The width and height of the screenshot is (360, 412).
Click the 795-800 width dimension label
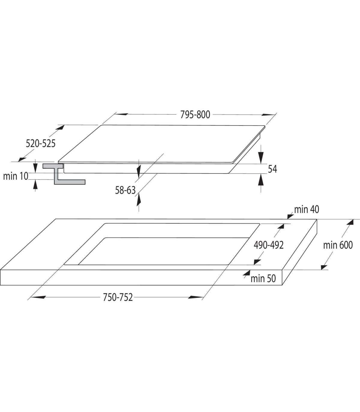pyautogui.click(x=195, y=115)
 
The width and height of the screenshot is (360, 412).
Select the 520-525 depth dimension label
pyautogui.click(x=40, y=144)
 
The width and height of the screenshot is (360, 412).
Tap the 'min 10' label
pyautogui.click(x=16, y=176)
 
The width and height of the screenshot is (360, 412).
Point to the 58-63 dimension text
pyautogui.click(x=125, y=190)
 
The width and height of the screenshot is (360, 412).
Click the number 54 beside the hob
pyautogui.click(x=272, y=169)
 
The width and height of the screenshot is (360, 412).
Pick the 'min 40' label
pyautogui.click(x=307, y=210)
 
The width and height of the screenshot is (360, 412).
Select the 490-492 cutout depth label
pyautogui.click(x=268, y=245)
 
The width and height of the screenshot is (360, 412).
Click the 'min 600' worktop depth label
pyautogui.click(x=338, y=245)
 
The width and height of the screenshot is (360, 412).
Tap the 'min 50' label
pyautogui.click(x=263, y=279)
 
